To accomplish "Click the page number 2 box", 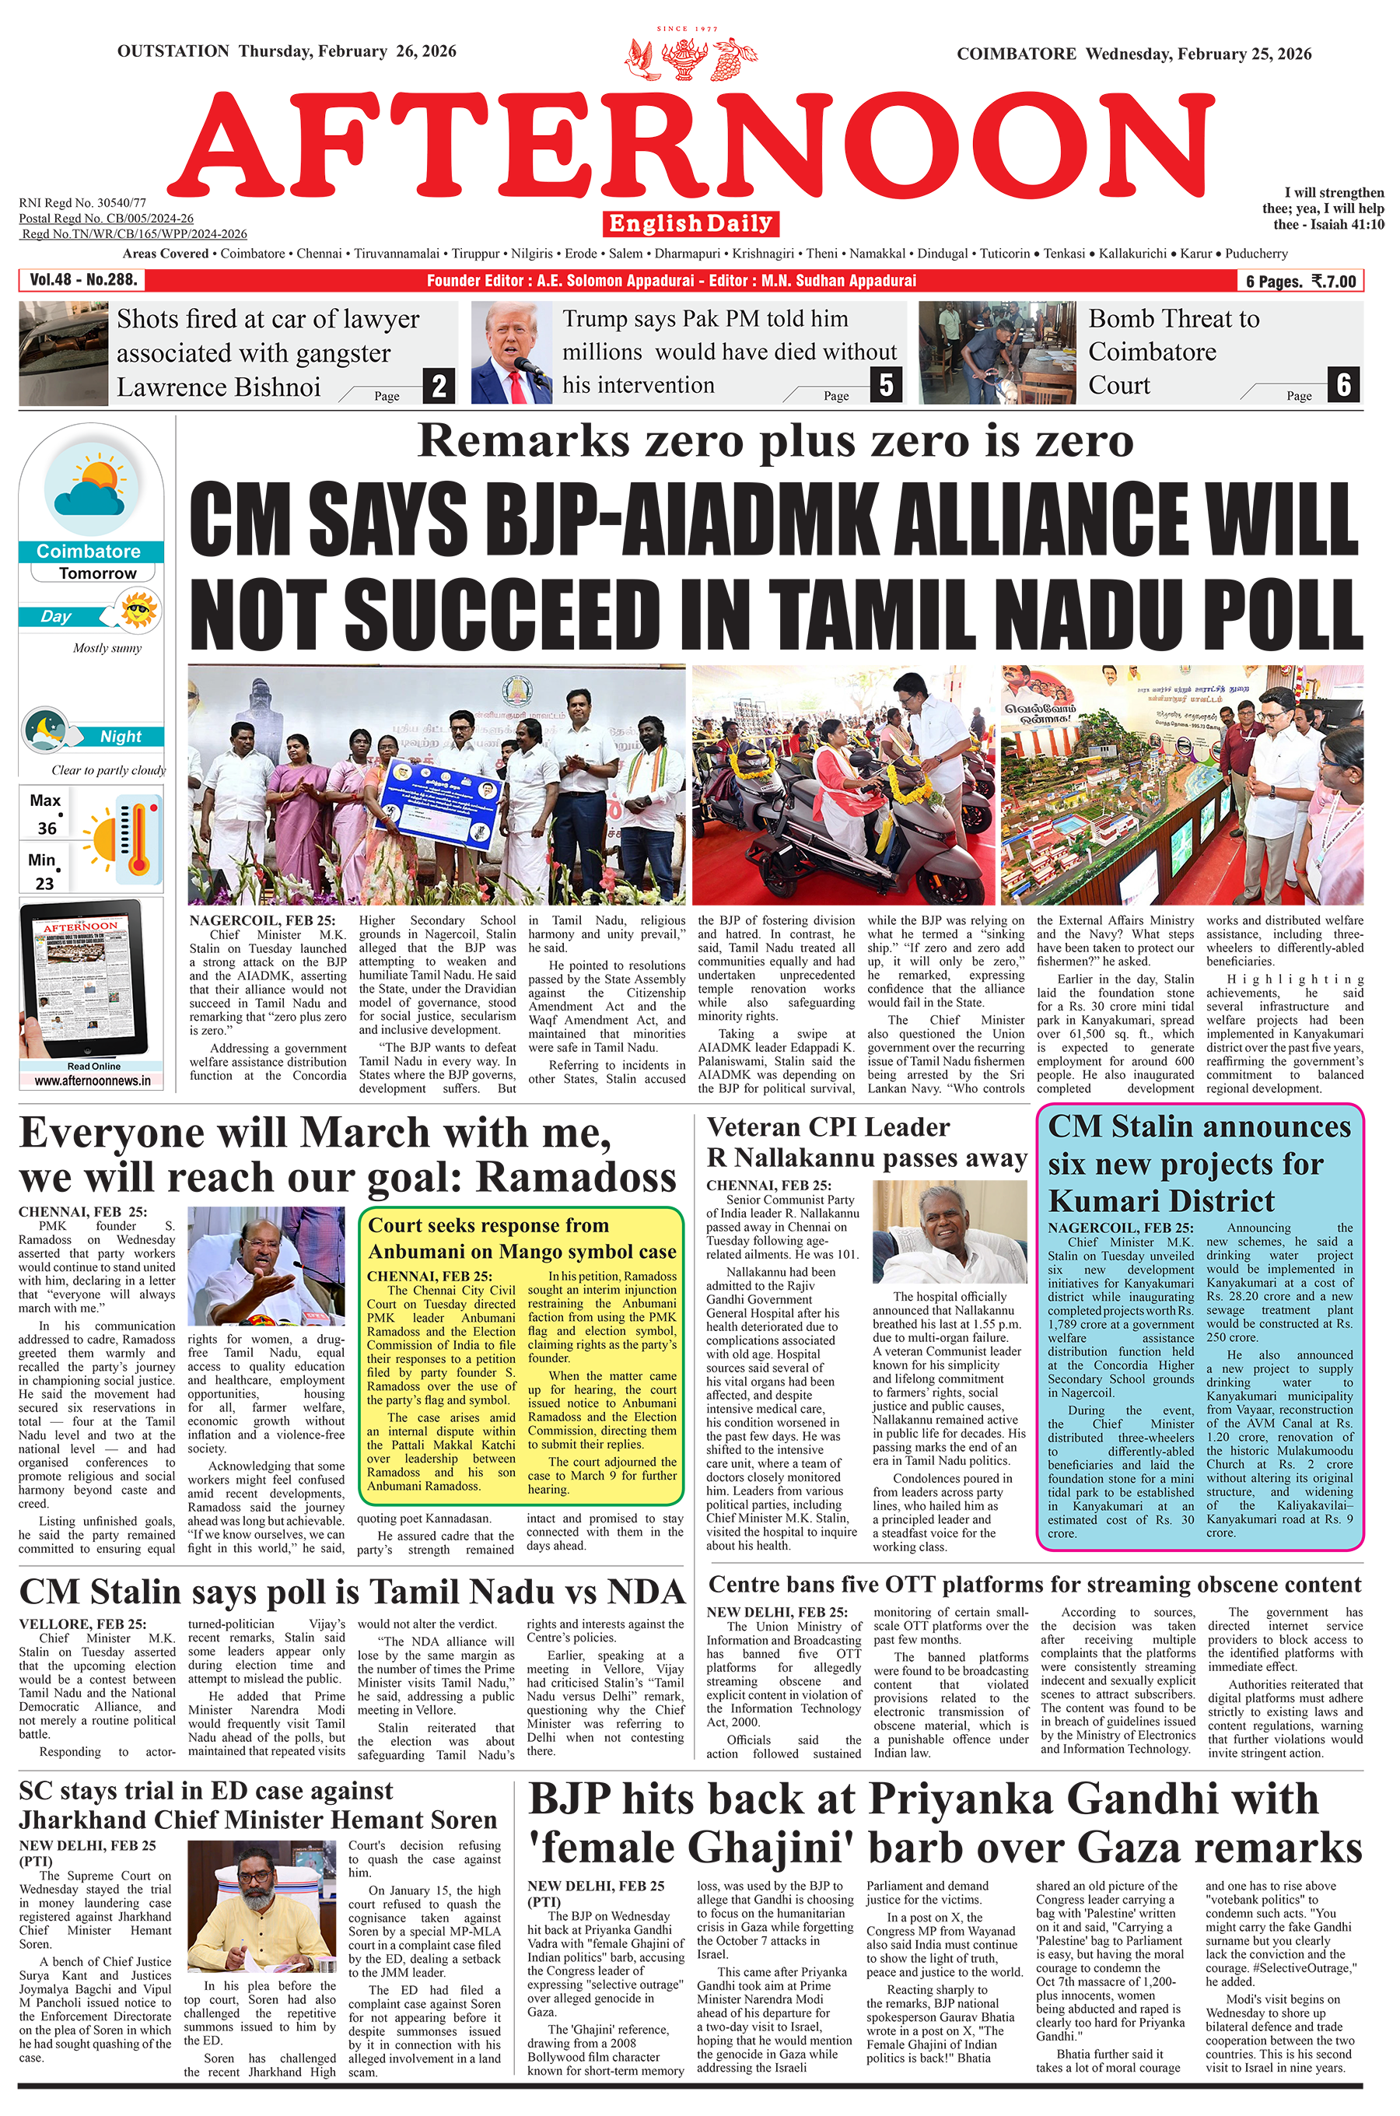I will [439, 387].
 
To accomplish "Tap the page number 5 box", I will [885, 385].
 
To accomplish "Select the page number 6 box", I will [1344, 385].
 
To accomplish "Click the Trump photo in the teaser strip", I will [512, 353].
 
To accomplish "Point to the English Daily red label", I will [690, 223].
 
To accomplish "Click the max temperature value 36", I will [47, 828].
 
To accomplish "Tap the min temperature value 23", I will [44, 883].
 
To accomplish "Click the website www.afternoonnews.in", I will [93, 1081].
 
